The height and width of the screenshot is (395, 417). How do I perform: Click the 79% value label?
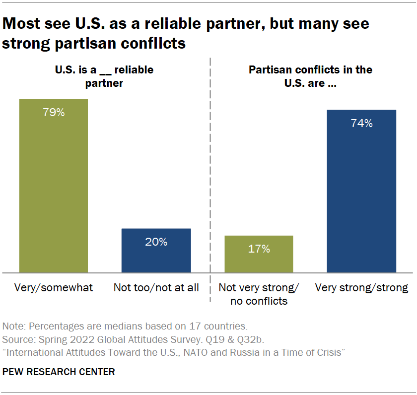pos(53,112)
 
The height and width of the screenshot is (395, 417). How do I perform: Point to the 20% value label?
pos(156,242)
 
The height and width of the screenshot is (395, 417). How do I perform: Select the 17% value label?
pos(259,249)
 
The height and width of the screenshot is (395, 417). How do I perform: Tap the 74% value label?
pos(361,124)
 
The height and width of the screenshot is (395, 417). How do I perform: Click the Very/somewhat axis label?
pos(54,288)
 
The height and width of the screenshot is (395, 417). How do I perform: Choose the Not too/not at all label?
pos(156,288)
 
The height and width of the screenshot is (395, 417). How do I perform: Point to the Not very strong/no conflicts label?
pos(259,294)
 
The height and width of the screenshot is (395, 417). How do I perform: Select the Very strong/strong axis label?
pos(362,288)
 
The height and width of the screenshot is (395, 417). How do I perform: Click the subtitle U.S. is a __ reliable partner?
pos(104,76)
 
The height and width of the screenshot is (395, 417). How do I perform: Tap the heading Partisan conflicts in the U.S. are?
pos(310,76)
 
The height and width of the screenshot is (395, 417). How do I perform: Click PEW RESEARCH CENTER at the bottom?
pos(59,372)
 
